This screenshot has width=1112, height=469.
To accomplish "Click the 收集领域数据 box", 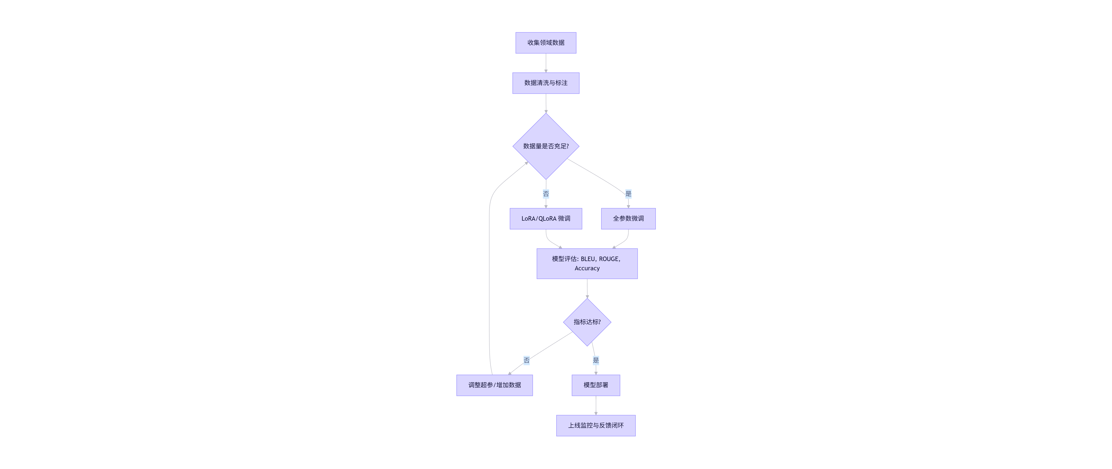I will [x=546, y=43].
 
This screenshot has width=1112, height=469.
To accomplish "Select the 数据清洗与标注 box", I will [x=546, y=83].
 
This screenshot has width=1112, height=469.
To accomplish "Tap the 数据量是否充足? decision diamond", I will [x=546, y=146].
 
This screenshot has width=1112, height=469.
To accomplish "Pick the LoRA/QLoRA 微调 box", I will [x=546, y=218].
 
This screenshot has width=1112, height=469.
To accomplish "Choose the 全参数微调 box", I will [x=628, y=218].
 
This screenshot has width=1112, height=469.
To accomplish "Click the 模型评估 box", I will [x=587, y=264].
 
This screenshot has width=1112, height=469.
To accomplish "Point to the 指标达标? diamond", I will [x=587, y=322].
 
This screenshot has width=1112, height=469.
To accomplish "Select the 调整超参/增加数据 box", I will [x=494, y=385].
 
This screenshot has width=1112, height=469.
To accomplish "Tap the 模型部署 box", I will [x=596, y=385].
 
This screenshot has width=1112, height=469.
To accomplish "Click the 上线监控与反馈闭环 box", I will [x=596, y=425].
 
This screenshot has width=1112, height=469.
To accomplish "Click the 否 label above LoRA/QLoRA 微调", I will [x=546, y=193].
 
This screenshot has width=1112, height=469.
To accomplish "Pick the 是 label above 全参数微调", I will [x=628, y=193].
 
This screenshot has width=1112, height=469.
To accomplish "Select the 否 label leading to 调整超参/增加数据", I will [x=526, y=360].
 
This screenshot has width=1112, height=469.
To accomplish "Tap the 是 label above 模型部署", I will [x=596, y=360].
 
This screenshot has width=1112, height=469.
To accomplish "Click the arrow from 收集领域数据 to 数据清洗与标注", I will [x=546, y=63].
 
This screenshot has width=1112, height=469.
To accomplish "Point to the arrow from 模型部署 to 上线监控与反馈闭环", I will [x=596, y=405].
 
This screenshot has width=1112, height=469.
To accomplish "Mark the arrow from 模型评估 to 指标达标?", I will [x=587, y=288].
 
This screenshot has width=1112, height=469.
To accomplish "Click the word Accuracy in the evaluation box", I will [x=587, y=268].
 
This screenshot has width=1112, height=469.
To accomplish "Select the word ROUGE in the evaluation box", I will [x=609, y=259].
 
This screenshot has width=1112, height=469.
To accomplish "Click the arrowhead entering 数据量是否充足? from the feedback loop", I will [x=526, y=163].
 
